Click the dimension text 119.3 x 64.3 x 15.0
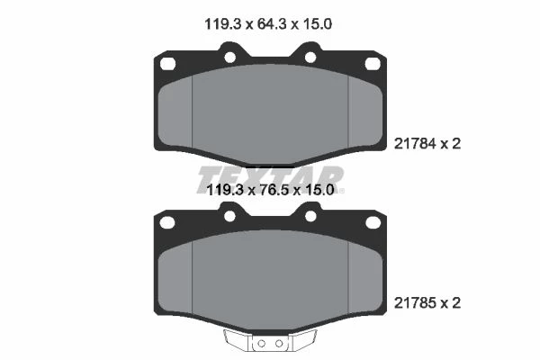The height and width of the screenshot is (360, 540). point(268,24)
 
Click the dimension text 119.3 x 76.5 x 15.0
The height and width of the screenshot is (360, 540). point(270,190)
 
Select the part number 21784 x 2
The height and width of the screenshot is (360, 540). point(427,144)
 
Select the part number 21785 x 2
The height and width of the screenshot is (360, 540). point(427,303)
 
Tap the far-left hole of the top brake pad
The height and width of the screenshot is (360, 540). point(167,64)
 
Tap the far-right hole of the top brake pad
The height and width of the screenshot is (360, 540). point(373,64)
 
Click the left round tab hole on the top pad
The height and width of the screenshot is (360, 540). point(229,58)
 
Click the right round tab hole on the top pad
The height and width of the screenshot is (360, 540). point(310,58)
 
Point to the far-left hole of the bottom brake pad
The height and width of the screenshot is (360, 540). point(167,222)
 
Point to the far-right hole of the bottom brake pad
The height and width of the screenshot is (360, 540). point(373,222)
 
